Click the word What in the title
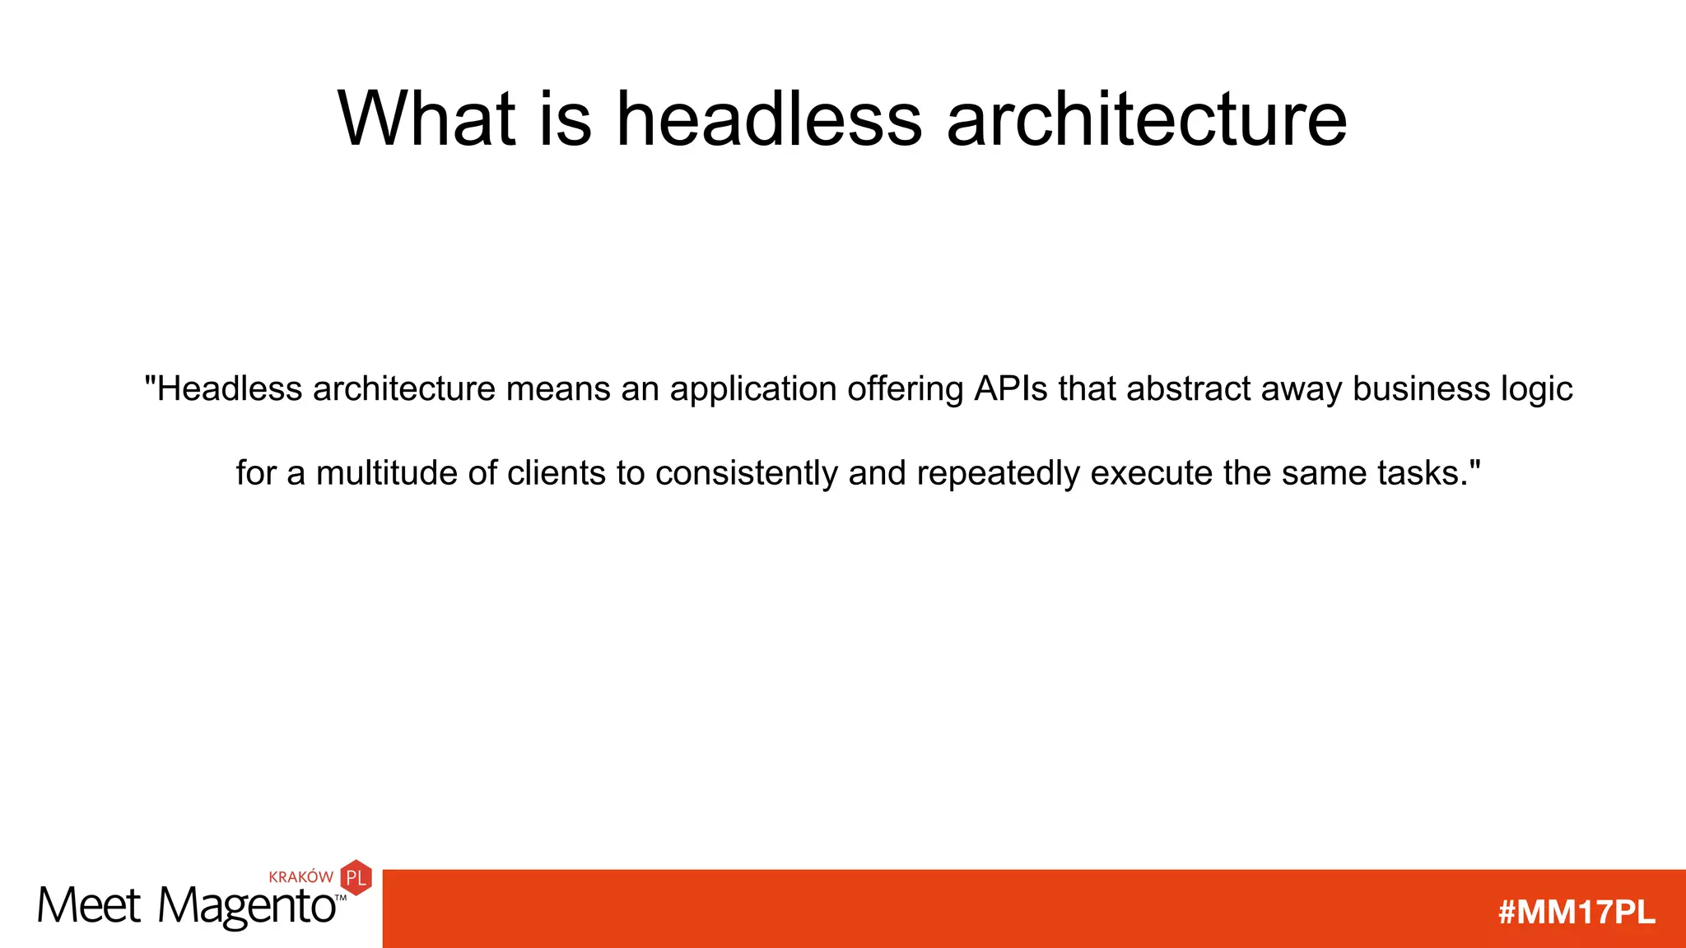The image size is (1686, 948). coord(426,119)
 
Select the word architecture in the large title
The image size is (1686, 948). coord(1147,119)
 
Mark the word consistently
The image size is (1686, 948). coord(747,474)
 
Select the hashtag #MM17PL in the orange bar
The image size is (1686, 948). coord(1577,913)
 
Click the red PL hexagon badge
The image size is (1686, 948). coord(356,878)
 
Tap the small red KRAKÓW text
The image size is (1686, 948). coord(301,877)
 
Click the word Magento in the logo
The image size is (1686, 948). coord(247,907)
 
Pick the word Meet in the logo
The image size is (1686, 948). coord(89,906)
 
